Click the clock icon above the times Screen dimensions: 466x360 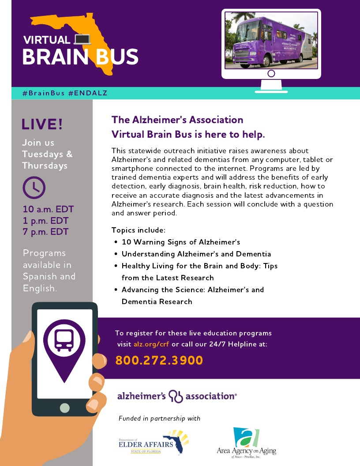(34, 188)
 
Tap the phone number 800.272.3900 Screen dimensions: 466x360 (159, 361)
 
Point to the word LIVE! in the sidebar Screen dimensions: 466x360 (42, 124)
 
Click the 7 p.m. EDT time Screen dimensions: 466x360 (45, 231)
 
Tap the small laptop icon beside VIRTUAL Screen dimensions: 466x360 (82, 40)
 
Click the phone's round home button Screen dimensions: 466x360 (64, 408)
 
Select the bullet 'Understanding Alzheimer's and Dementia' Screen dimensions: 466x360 (196, 254)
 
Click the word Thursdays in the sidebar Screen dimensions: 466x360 (45, 166)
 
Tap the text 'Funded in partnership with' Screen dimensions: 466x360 (159, 418)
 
